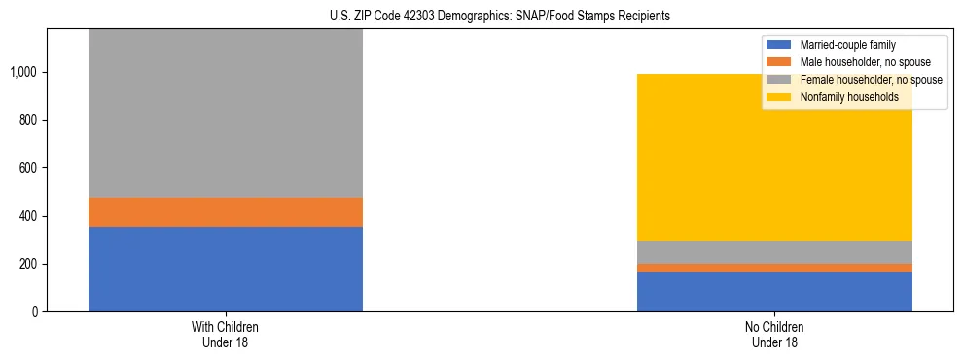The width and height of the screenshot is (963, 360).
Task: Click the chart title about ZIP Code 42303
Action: [482, 17]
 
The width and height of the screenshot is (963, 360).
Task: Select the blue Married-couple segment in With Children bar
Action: [226, 270]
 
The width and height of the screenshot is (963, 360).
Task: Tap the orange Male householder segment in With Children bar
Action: [226, 212]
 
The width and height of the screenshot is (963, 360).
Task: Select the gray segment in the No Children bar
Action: [774, 252]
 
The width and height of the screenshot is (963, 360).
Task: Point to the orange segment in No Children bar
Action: [774, 268]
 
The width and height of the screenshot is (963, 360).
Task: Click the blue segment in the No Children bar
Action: [774, 292]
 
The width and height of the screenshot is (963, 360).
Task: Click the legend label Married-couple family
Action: [847, 45]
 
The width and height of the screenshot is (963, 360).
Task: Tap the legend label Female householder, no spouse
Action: [871, 80]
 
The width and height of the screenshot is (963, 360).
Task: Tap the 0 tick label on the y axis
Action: [34, 312]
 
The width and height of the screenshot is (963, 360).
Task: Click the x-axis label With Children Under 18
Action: [226, 334]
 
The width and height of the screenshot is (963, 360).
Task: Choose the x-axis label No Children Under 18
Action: [774, 334]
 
